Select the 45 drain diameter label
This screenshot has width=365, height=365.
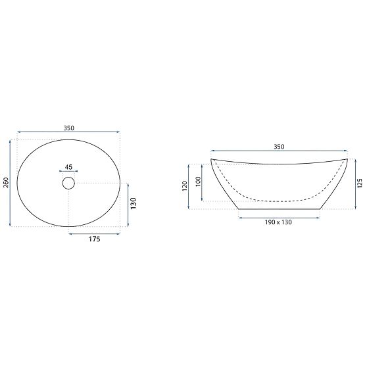69,167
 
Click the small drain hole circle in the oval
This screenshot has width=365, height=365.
69,183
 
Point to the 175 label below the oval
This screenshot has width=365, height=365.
94,240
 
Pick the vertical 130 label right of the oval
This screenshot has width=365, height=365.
134,205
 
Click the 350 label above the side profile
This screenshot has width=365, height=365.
278,147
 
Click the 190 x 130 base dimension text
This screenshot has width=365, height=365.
278,222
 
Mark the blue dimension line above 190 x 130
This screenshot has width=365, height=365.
278,216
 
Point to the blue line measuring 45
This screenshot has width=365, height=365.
69,173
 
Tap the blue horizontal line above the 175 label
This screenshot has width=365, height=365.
94,232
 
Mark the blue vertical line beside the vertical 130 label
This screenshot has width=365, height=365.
128,205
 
